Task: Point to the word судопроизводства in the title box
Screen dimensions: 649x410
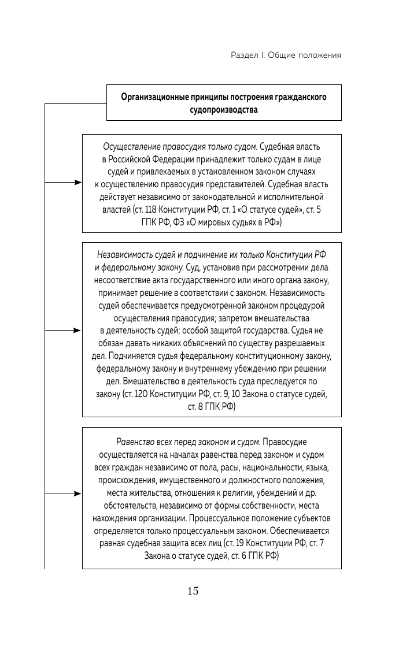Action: pos(224,109)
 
